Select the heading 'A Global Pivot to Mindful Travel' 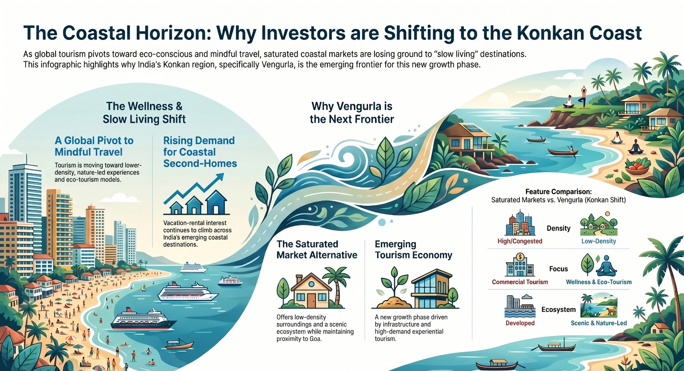[x=94, y=146]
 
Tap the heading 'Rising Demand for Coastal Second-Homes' [x=200, y=152]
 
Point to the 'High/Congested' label [x=520, y=241]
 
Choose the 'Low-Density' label [x=598, y=241]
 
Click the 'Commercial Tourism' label [x=520, y=282]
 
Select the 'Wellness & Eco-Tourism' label [x=598, y=282]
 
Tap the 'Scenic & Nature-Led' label [x=598, y=323]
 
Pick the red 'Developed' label [x=520, y=323]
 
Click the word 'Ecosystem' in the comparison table [x=558, y=309]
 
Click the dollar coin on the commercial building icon [x=520, y=257]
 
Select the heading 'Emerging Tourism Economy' [x=413, y=249]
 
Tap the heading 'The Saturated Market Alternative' [x=317, y=249]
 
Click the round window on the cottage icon [x=311, y=284]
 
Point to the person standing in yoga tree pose [x=584, y=97]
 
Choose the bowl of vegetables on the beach [x=636, y=167]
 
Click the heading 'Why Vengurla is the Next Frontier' [x=352, y=113]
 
